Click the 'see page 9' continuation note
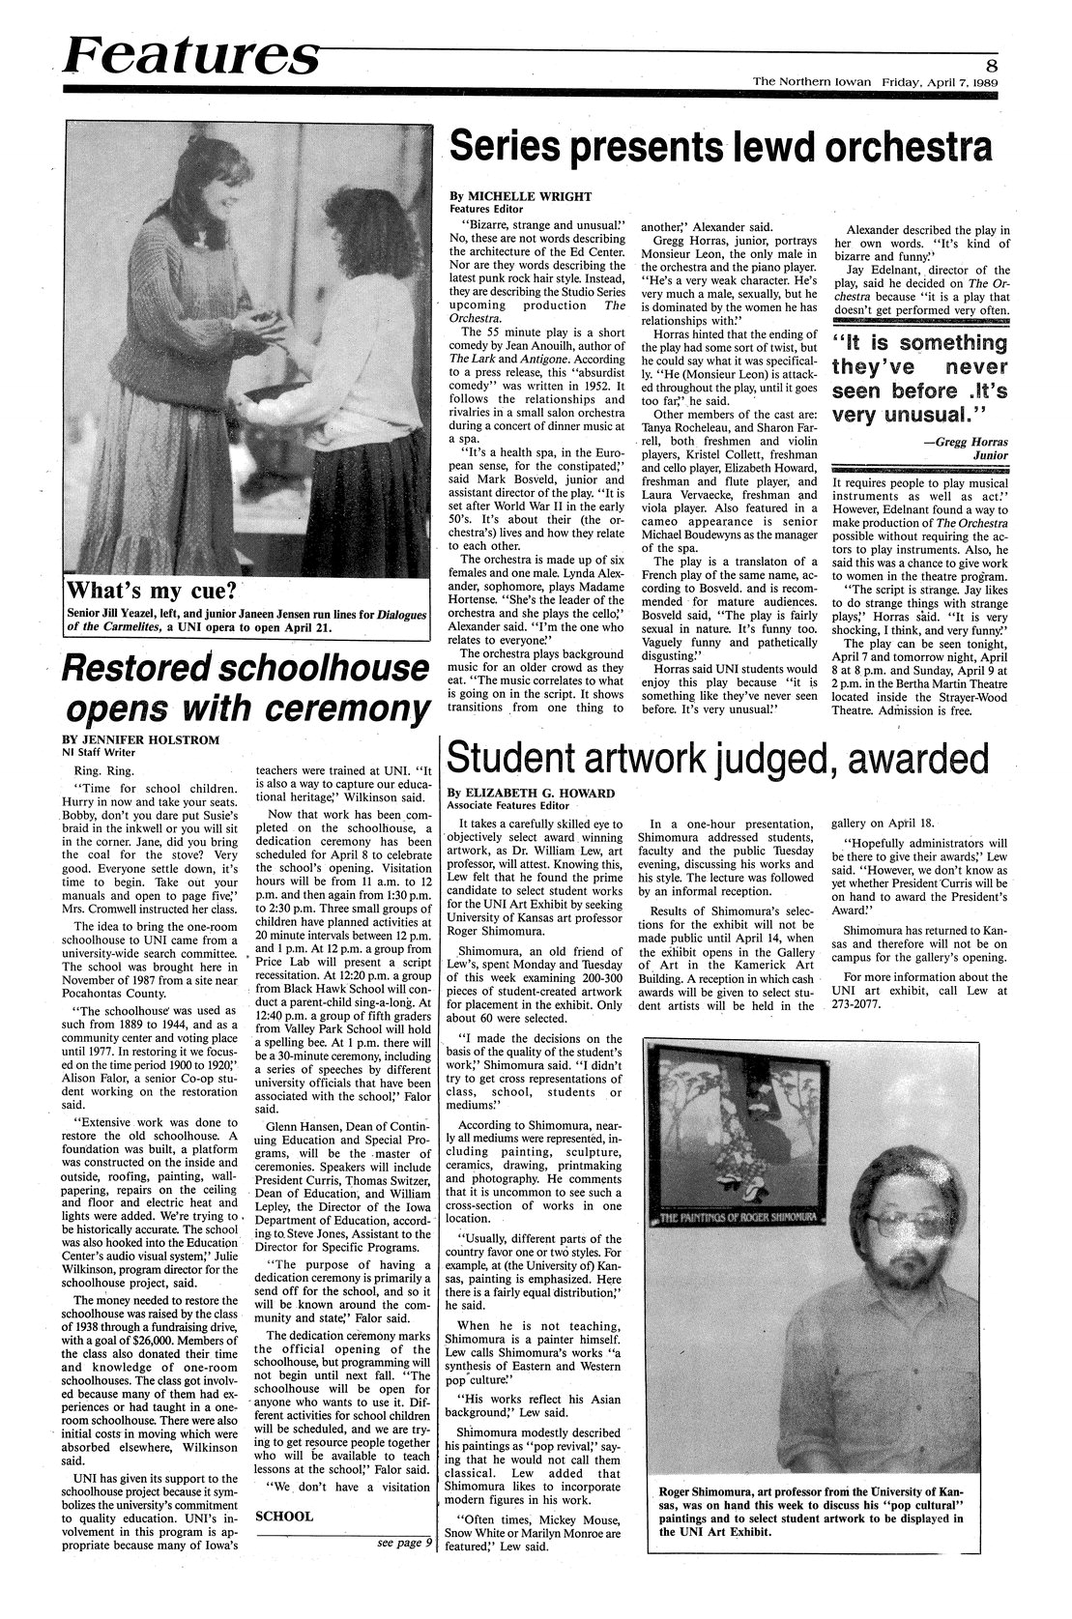[x=403, y=1542]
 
